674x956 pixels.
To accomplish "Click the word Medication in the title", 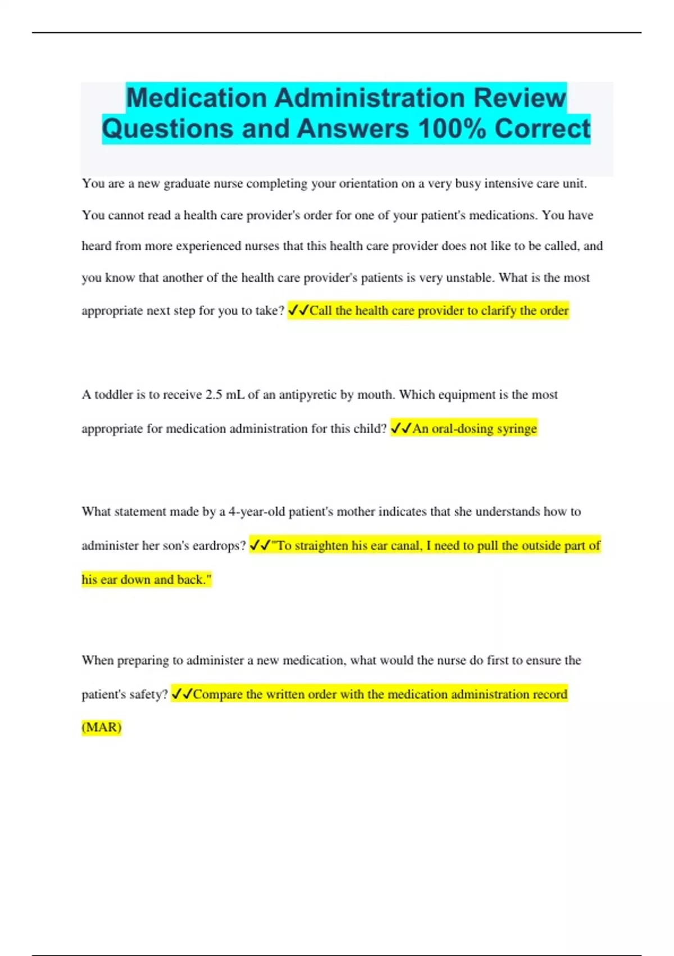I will [x=197, y=98].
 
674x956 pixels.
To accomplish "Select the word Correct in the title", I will [x=542, y=128].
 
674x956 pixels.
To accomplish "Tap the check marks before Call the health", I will [x=298, y=310].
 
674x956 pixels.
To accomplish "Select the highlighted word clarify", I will [x=498, y=310].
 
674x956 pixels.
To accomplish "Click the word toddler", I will [x=113, y=395].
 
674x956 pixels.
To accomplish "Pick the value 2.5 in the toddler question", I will [x=213, y=395].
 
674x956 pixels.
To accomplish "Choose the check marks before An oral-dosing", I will [x=401, y=429].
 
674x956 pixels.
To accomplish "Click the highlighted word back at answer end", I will [x=191, y=580].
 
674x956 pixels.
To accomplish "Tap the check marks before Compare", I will [x=181, y=695].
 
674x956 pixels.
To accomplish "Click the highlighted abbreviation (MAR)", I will [x=102, y=727].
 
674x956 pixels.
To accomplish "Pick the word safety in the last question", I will [x=146, y=695].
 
